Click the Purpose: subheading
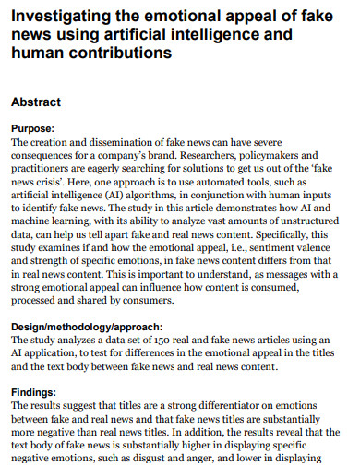coord(32,129)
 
